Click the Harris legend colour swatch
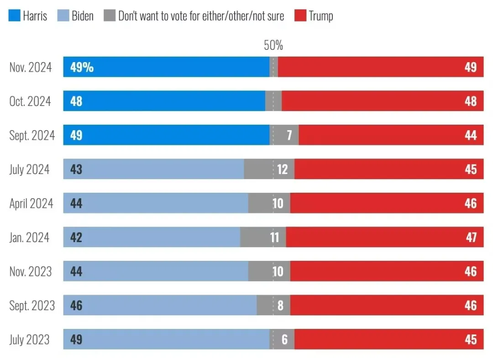pyautogui.click(x=14, y=16)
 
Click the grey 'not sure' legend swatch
pyautogui.click(x=110, y=16)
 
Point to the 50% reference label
pyautogui.click(x=273, y=45)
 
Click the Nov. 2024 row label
pyautogui.click(x=31, y=67)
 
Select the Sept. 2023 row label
pyautogui.click(x=32, y=305)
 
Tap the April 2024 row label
pyautogui.click(x=31, y=203)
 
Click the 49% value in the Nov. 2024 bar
pyautogui.click(x=82, y=67)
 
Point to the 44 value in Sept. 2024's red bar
pyautogui.click(x=471, y=135)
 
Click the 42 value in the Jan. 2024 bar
pyautogui.click(x=76, y=237)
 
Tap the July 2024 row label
pyautogui.click(x=29, y=169)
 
